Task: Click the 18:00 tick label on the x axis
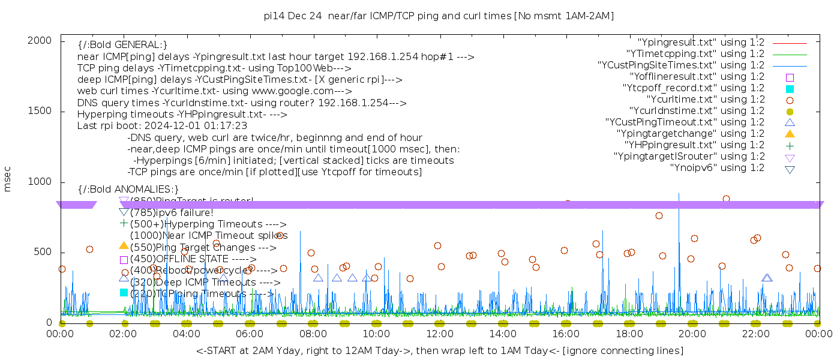click(x=629, y=334)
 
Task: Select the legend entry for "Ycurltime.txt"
click(x=706, y=100)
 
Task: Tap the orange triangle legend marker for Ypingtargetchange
click(x=790, y=134)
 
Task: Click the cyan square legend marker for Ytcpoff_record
click(x=790, y=88)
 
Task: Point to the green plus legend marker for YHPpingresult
click(x=790, y=145)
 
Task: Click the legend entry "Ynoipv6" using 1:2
click(x=717, y=168)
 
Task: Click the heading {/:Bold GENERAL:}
click(x=122, y=45)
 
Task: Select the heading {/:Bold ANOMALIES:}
click(x=128, y=190)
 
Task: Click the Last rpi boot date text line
click(x=162, y=126)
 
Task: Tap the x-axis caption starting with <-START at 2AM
click(x=439, y=350)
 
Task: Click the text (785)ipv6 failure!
click(x=172, y=212)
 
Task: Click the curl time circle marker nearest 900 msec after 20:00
click(x=726, y=199)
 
